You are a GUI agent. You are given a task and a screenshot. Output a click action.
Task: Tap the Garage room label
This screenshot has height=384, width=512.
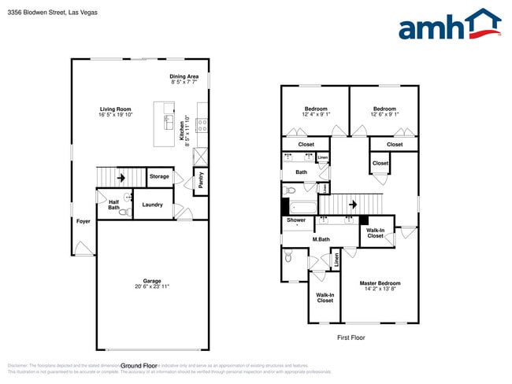coord(152,281)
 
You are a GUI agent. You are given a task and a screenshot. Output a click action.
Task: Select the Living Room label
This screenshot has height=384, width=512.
coord(115,109)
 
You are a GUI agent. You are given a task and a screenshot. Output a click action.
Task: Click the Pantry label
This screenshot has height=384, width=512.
coord(201,180)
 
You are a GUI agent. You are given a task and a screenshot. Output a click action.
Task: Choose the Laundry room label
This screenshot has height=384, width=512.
coord(152,205)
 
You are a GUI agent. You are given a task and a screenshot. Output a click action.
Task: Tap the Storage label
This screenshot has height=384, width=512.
coord(159,176)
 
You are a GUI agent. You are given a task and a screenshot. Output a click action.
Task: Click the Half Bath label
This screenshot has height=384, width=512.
coord(113,204)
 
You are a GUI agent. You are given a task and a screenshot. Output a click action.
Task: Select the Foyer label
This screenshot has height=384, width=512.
coord(83,221)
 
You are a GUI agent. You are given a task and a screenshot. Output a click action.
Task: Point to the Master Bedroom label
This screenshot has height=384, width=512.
coord(380,283)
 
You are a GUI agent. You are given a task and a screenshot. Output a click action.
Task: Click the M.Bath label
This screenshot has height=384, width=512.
coord(321,239)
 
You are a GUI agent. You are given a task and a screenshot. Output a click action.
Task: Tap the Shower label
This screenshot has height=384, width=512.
coord(296,220)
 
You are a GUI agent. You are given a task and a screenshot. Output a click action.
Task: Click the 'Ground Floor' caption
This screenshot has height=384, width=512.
coord(139,365)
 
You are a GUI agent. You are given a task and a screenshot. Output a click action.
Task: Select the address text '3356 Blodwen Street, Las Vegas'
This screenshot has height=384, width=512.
coord(48,13)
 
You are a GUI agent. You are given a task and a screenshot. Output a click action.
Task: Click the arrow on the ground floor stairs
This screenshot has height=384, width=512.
coord(121,178)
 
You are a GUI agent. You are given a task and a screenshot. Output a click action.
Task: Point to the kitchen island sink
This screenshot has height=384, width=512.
coord(169,121)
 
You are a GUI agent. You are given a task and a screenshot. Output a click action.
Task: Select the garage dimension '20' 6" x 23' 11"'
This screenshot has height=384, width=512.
coord(152,286)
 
